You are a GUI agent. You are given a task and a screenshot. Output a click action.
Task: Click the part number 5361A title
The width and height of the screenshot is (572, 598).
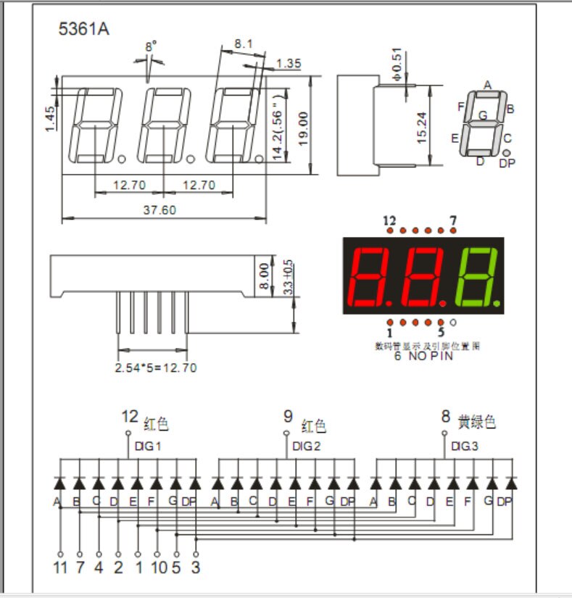pyautogui.click(x=84, y=30)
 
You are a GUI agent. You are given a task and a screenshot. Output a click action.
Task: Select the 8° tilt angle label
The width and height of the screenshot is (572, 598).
pyautogui.click(x=151, y=46)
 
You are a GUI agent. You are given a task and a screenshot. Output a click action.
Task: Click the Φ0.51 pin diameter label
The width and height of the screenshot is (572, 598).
pyautogui.click(x=397, y=63)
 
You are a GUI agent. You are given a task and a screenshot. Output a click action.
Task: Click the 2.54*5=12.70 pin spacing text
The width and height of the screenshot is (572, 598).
pyautogui.click(x=156, y=367)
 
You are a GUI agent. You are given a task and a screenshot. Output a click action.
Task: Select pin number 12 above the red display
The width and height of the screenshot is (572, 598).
pyautogui.click(x=390, y=220)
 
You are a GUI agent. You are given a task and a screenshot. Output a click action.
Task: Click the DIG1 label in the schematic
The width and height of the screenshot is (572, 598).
pyautogui.click(x=148, y=447)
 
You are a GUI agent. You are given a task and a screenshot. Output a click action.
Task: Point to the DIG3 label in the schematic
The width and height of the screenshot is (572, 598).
pyautogui.click(x=464, y=447)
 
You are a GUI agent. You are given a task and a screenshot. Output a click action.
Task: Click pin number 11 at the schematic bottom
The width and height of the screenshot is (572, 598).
pyautogui.click(x=60, y=567)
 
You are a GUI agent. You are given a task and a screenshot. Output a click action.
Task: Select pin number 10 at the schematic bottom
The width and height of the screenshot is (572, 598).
pyautogui.click(x=159, y=567)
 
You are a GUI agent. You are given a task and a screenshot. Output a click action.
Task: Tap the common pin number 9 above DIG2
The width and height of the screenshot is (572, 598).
pyautogui.click(x=288, y=417)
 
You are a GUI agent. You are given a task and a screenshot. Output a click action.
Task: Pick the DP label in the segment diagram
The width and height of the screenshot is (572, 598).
pyautogui.click(x=507, y=163)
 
